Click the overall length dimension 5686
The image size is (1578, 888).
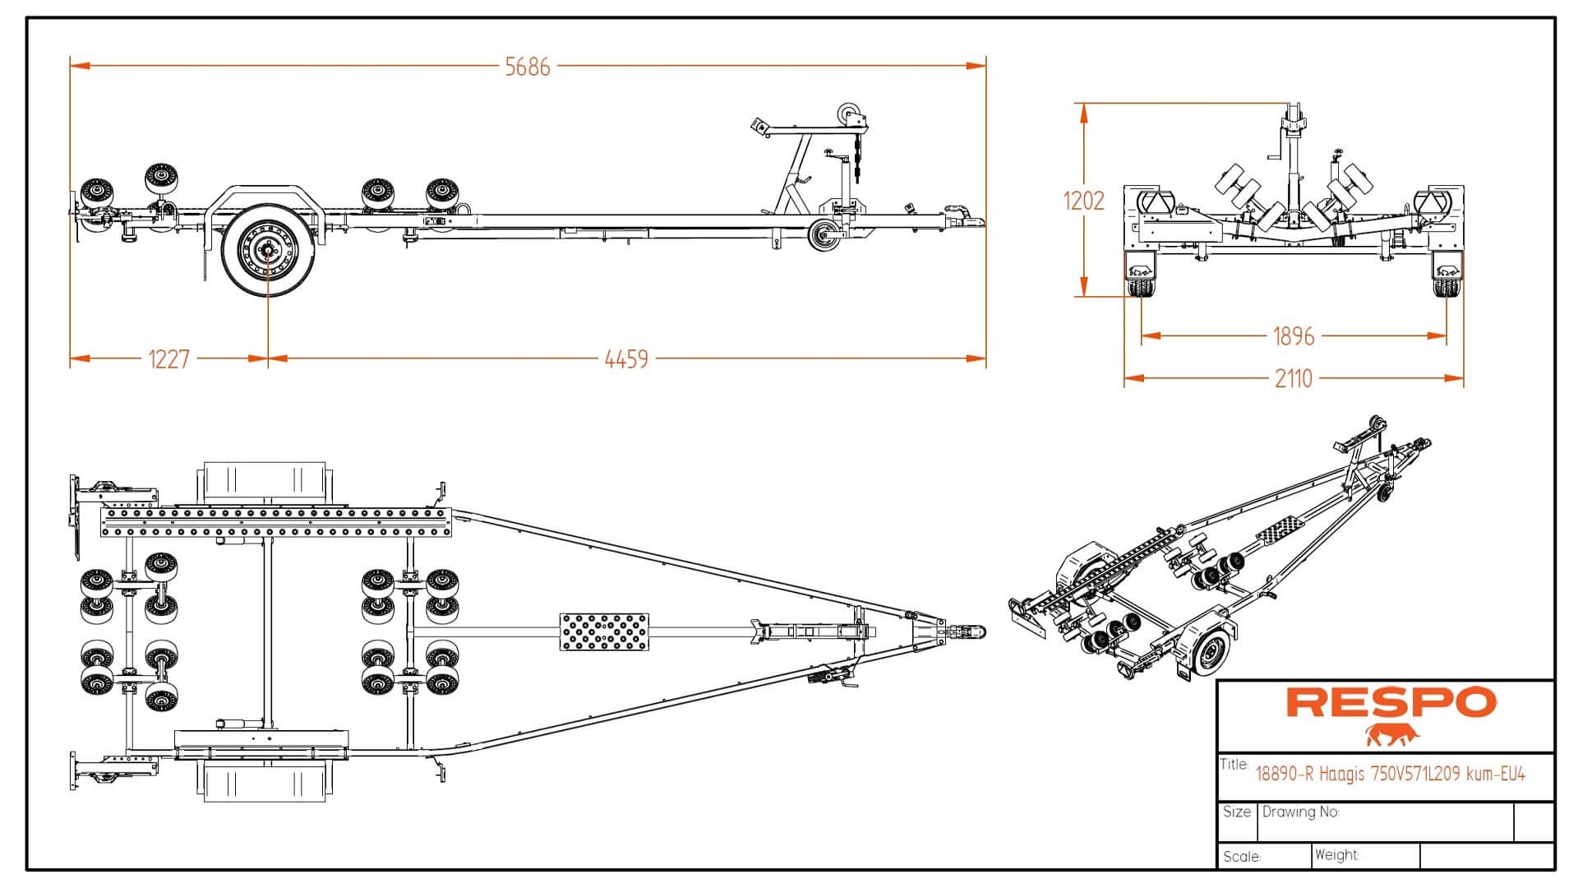coord(527,67)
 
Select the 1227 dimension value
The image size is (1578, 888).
coord(168,359)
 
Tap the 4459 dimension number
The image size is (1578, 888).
coord(626,359)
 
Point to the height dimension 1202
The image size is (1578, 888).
coord(1083,201)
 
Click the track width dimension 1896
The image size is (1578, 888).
coord(1293,336)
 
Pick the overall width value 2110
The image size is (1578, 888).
coord(1293,379)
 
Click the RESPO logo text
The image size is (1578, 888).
coord(1391,702)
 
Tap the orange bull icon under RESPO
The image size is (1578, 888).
coord(1392,734)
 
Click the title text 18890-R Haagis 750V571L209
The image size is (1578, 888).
coord(1390,774)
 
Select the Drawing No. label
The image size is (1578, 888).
coord(1300,812)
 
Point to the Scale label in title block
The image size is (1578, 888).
coord(1241,857)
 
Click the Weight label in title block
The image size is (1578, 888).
coord(1336,855)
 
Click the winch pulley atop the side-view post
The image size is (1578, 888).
coord(847,113)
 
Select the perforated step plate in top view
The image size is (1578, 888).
coord(603,631)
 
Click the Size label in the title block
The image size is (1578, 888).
coord(1236,812)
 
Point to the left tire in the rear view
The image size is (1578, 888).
coord(1139,288)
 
